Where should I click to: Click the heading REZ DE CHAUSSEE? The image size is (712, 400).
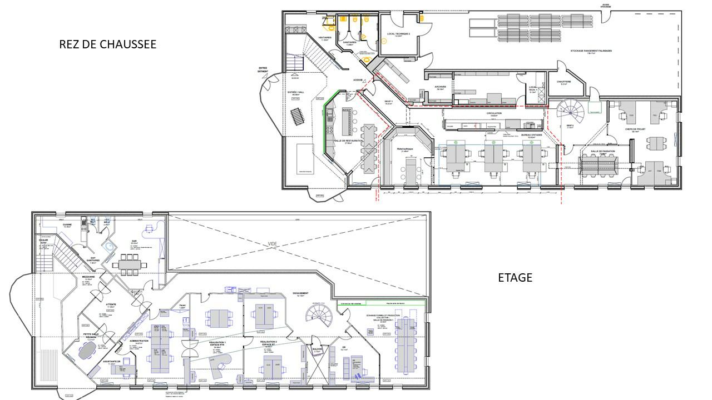click(107, 44)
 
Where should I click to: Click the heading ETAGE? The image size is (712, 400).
click(515, 277)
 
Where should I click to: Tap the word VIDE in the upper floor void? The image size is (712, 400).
click(272, 243)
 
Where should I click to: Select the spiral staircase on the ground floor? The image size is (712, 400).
click(571, 112)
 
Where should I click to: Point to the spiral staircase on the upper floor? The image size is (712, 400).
click(319, 316)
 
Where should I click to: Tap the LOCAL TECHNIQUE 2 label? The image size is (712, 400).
click(398, 34)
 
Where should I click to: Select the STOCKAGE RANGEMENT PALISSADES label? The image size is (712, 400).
click(591, 51)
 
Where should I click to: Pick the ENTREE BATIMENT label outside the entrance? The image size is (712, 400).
click(263, 71)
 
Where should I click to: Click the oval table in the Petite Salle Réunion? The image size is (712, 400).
click(87, 351)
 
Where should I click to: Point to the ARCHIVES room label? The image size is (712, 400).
click(440, 87)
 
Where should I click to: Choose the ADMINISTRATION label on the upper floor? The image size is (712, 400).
click(138, 341)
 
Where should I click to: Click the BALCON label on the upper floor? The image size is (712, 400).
click(318, 349)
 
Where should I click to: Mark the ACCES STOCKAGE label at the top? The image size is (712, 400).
click(606, 5)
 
